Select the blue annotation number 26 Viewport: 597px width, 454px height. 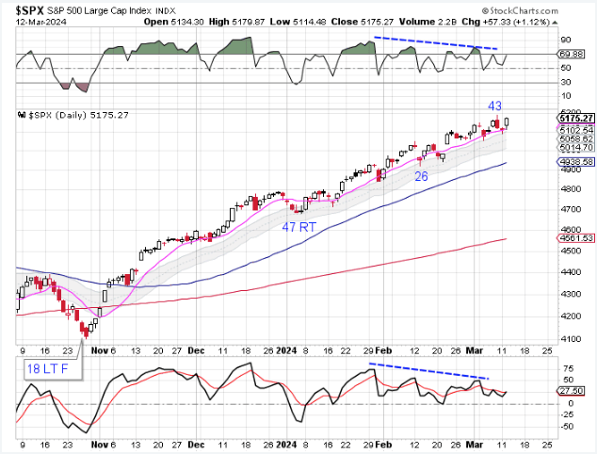(422, 174)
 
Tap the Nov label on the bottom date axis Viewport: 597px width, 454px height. (97, 443)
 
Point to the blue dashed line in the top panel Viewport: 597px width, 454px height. (435, 42)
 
